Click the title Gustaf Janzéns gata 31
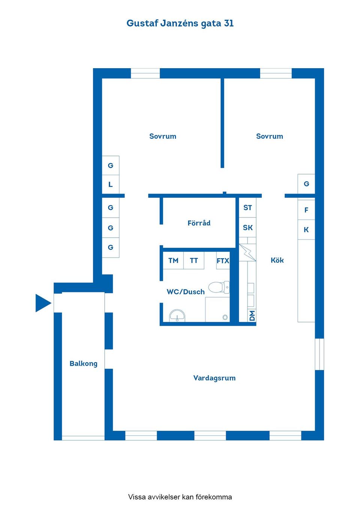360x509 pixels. [180, 24]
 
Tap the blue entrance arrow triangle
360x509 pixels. [43, 303]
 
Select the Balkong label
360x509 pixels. [83, 364]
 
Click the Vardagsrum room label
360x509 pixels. [214, 378]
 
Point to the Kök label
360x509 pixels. [277, 260]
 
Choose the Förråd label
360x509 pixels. [199, 223]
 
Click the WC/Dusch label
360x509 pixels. [186, 292]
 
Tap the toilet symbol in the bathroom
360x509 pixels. [219, 287]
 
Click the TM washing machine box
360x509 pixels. [173, 260]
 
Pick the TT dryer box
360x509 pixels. [193, 260]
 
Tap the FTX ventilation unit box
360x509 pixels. [223, 260]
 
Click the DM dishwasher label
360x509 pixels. [252, 316]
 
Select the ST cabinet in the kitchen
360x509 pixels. [247, 208]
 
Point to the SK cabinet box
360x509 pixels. [247, 228]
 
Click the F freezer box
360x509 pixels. [306, 210]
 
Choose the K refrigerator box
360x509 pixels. [306, 230]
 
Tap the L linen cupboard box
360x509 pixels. [111, 184]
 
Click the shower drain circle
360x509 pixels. [225, 317]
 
